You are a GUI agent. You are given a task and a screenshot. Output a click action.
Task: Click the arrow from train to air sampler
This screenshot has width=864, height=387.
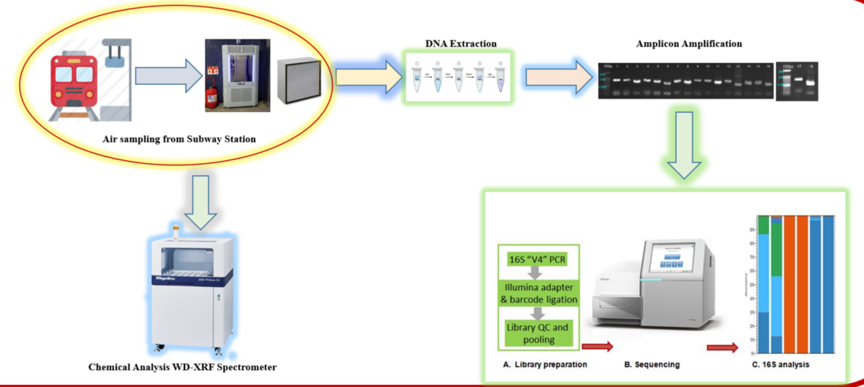(168, 76)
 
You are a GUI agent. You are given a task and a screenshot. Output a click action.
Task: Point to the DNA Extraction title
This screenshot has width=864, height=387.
(460, 44)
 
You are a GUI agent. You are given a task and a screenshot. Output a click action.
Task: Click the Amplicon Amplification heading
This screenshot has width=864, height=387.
(688, 44)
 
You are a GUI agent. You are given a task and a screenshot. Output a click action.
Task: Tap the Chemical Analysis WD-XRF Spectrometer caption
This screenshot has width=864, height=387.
(182, 367)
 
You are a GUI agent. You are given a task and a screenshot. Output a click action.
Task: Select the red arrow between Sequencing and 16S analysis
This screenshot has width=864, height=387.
(722, 348)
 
